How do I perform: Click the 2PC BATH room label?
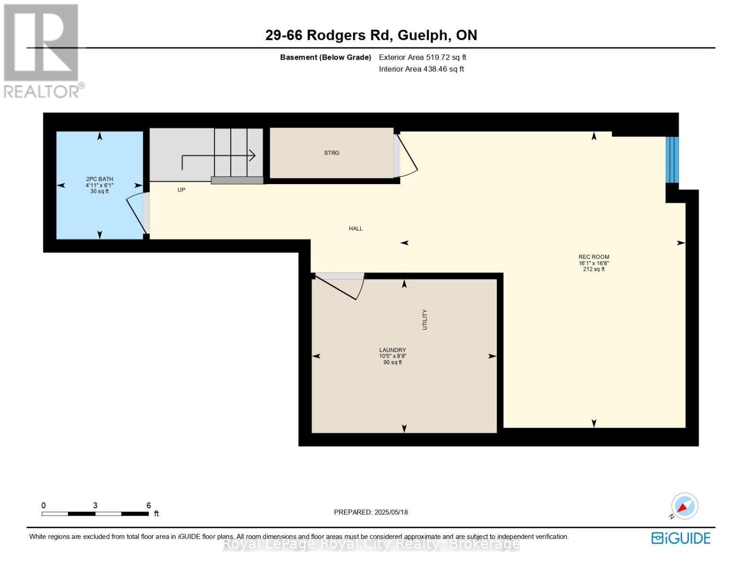[99, 179]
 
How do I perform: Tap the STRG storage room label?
[332, 153]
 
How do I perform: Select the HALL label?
[355, 229]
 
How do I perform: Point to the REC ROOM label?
[594, 257]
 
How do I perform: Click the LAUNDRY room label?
[392, 350]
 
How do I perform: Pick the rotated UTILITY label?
[425, 320]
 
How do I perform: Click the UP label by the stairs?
[182, 190]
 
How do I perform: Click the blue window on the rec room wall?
[672, 160]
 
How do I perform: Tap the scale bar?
[95, 514]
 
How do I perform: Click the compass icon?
[684, 506]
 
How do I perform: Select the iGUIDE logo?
[681, 538]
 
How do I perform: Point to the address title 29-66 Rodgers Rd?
[371, 35]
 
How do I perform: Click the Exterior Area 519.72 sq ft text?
[422, 57]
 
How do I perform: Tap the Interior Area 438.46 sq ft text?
[421, 69]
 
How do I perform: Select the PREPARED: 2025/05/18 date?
[371, 512]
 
